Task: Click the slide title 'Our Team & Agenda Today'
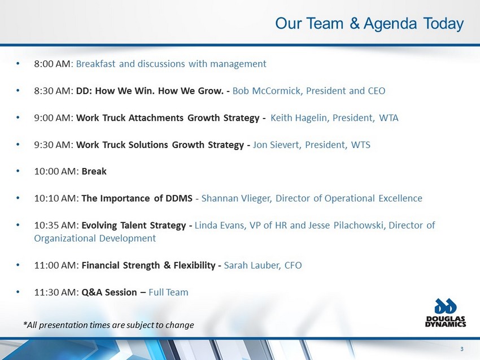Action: [x=369, y=24]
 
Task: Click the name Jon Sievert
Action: [x=277, y=144]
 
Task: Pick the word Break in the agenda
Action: [x=94, y=172]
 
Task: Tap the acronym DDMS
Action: [x=179, y=198]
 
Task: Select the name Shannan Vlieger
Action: [x=236, y=199]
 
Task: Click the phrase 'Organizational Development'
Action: [x=95, y=238]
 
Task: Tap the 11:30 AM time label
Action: [x=56, y=292]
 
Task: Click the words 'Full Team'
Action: [x=168, y=292]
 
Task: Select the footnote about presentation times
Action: [x=108, y=325]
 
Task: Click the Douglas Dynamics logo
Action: [x=446, y=313]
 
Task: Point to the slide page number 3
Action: [x=462, y=349]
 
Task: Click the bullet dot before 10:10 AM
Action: [x=18, y=198]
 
